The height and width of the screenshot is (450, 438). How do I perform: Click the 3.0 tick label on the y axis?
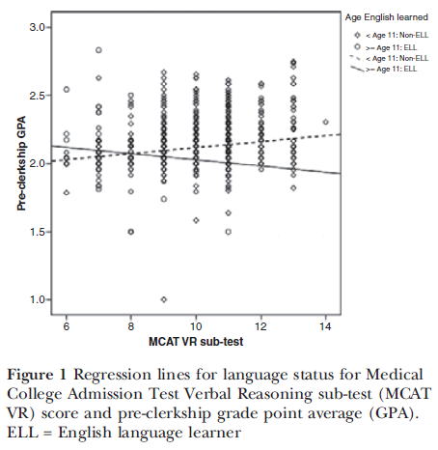point(37,27)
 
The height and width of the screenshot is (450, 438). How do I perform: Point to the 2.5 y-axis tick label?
point(37,96)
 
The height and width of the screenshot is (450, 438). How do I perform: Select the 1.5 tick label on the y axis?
point(37,232)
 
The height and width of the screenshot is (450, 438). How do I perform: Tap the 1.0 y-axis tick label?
point(37,299)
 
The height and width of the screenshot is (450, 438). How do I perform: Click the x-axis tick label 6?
point(67,326)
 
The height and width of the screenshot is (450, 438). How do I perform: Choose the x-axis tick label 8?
point(131,326)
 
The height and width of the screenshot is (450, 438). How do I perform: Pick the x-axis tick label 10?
point(196,326)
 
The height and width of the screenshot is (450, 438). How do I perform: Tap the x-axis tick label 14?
point(325,326)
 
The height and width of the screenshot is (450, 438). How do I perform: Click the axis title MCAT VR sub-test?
point(196,342)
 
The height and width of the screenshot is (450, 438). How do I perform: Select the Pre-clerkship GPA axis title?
point(21,163)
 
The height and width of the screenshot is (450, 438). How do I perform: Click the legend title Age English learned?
point(387,17)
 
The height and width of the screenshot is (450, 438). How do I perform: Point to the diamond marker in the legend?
point(357,35)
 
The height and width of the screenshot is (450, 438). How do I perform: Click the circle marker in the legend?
point(357,47)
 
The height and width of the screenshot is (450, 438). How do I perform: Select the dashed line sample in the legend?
point(357,58)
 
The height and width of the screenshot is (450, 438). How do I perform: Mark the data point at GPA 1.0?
point(164,299)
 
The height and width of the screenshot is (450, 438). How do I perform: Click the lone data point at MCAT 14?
point(325,122)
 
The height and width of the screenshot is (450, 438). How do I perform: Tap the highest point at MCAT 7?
point(98,50)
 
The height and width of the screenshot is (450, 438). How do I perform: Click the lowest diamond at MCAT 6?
point(67,193)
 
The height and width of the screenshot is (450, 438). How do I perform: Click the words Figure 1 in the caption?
point(37,375)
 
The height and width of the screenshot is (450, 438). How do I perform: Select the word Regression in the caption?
point(112,376)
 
